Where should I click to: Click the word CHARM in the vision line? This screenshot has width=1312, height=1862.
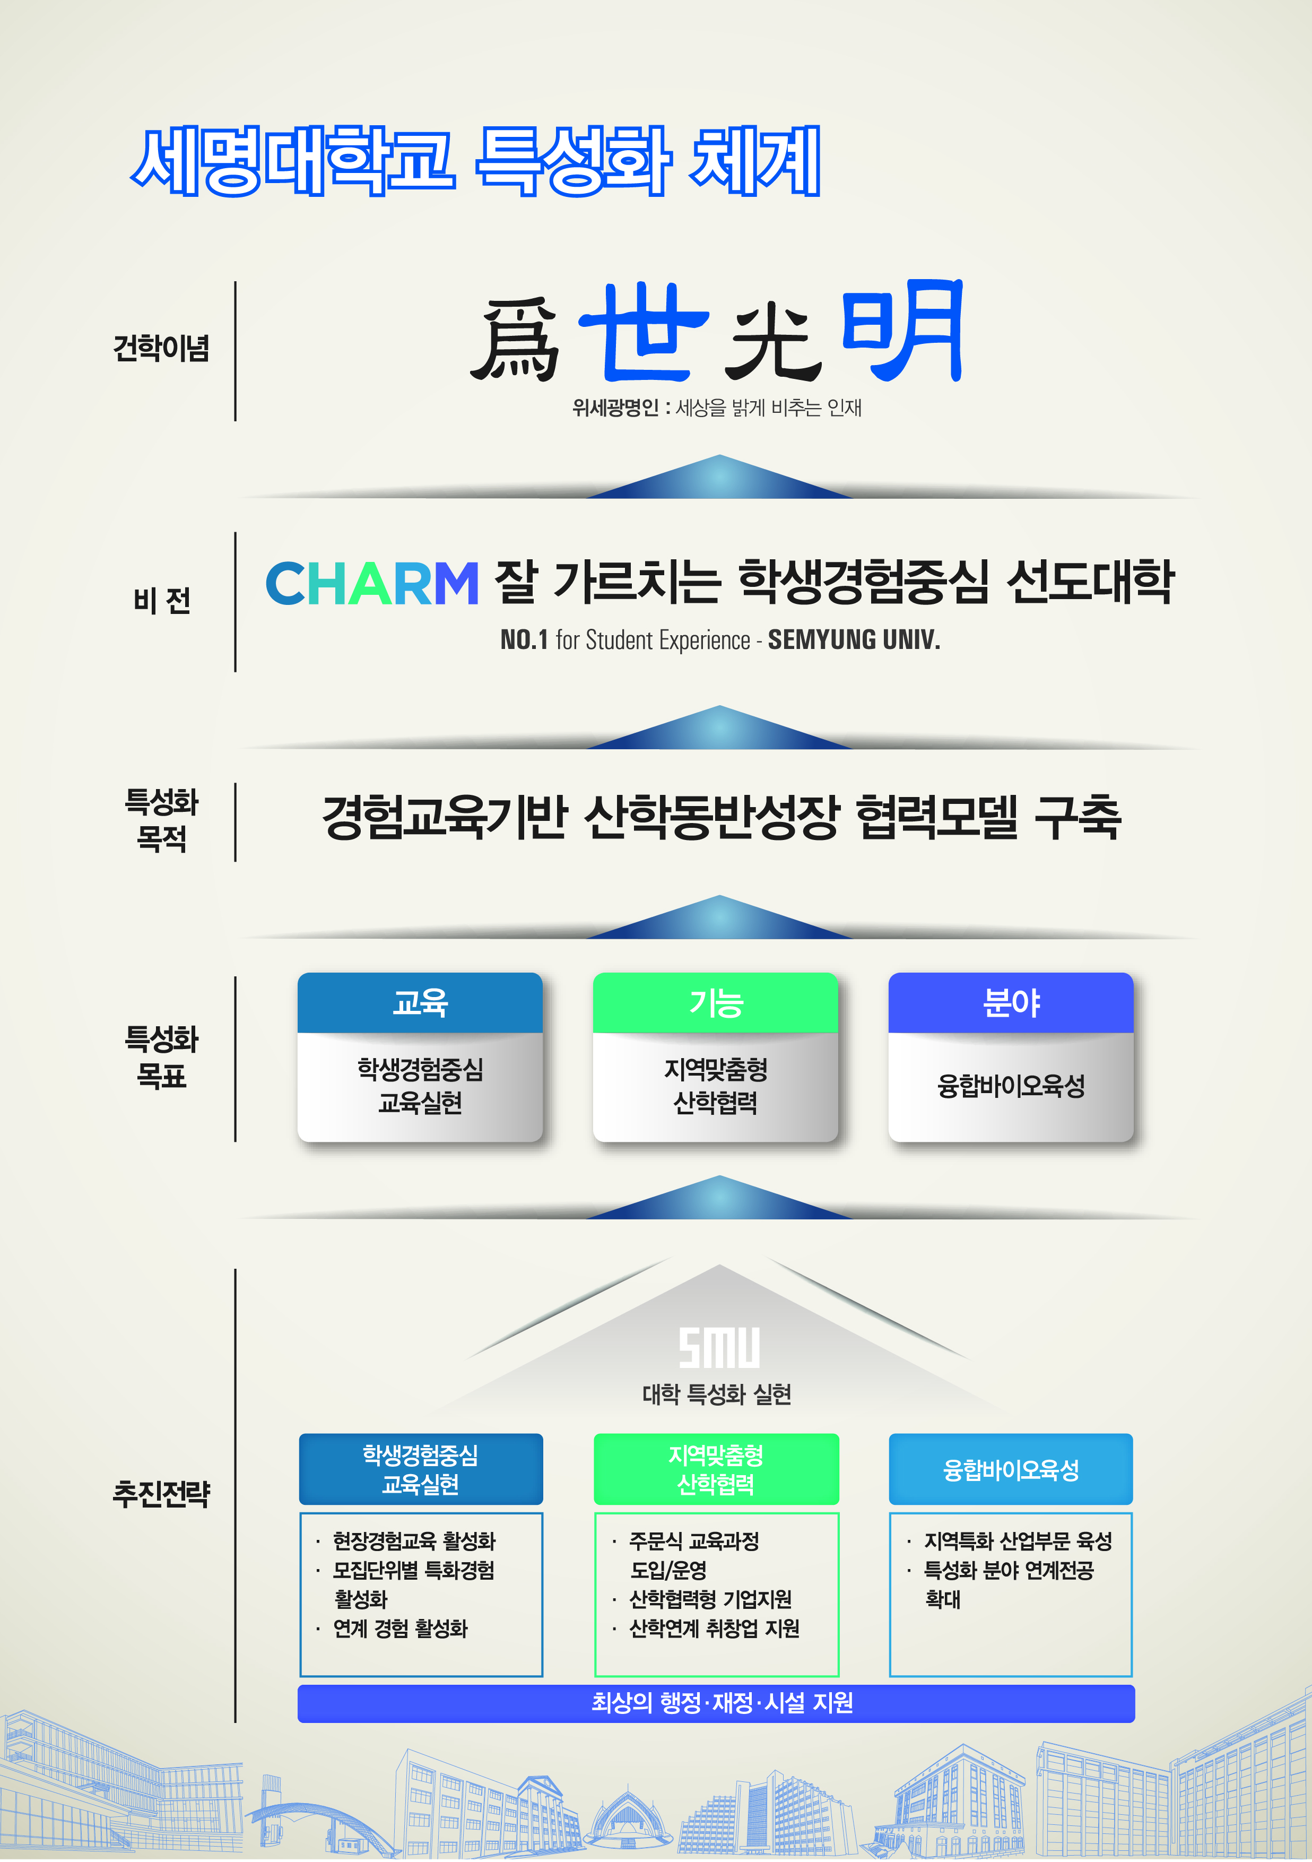coord(372,583)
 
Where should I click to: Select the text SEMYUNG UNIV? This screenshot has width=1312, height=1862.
coord(854,640)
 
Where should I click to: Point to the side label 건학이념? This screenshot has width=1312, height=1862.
coord(161,349)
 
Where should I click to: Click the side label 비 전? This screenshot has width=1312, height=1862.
coord(162,601)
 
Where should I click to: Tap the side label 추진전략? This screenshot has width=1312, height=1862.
coord(161,1493)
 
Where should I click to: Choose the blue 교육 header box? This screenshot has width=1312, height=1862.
coord(420,1002)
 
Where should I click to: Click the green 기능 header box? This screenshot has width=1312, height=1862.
coord(715,1002)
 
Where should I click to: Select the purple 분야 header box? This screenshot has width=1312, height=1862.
coord(1010,1002)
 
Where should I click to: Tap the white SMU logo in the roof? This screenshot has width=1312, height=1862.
coord(719,1348)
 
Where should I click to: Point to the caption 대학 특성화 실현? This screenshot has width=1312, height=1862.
coord(717,1394)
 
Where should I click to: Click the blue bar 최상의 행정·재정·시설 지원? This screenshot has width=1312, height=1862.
coord(716,1703)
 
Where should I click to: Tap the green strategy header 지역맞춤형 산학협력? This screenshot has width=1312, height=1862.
coord(716,1469)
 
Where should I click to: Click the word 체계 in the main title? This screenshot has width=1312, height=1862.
coord(755,161)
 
